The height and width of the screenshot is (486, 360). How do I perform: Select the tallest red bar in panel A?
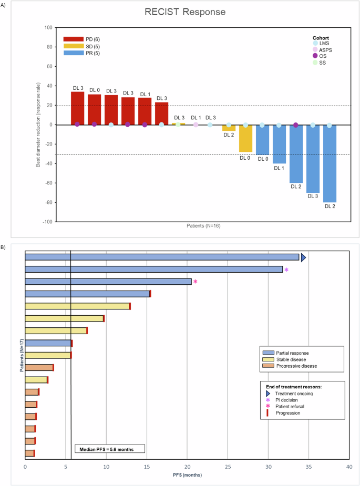click(x=77, y=108)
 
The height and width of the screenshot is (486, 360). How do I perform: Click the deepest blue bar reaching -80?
click(x=330, y=163)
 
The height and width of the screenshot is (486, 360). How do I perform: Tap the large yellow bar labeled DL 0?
click(x=245, y=138)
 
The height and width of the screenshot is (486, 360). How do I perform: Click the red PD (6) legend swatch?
click(x=74, y=39)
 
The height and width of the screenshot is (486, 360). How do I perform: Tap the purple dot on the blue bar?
click(x=296, y=125)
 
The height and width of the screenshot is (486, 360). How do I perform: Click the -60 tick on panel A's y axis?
click(x=49, y=183)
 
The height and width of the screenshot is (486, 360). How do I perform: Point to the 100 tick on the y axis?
click(x=49, y=27)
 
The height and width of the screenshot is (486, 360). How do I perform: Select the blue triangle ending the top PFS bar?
click(x=303, y=257)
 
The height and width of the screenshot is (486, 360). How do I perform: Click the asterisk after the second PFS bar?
click(x=286, y=270)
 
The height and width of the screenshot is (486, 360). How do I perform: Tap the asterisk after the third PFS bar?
click(x=196, y=282)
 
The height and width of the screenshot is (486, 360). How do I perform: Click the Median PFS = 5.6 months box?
click(x=110, y=449)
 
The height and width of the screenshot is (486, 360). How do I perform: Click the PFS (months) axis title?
click(x=187, y=474)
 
